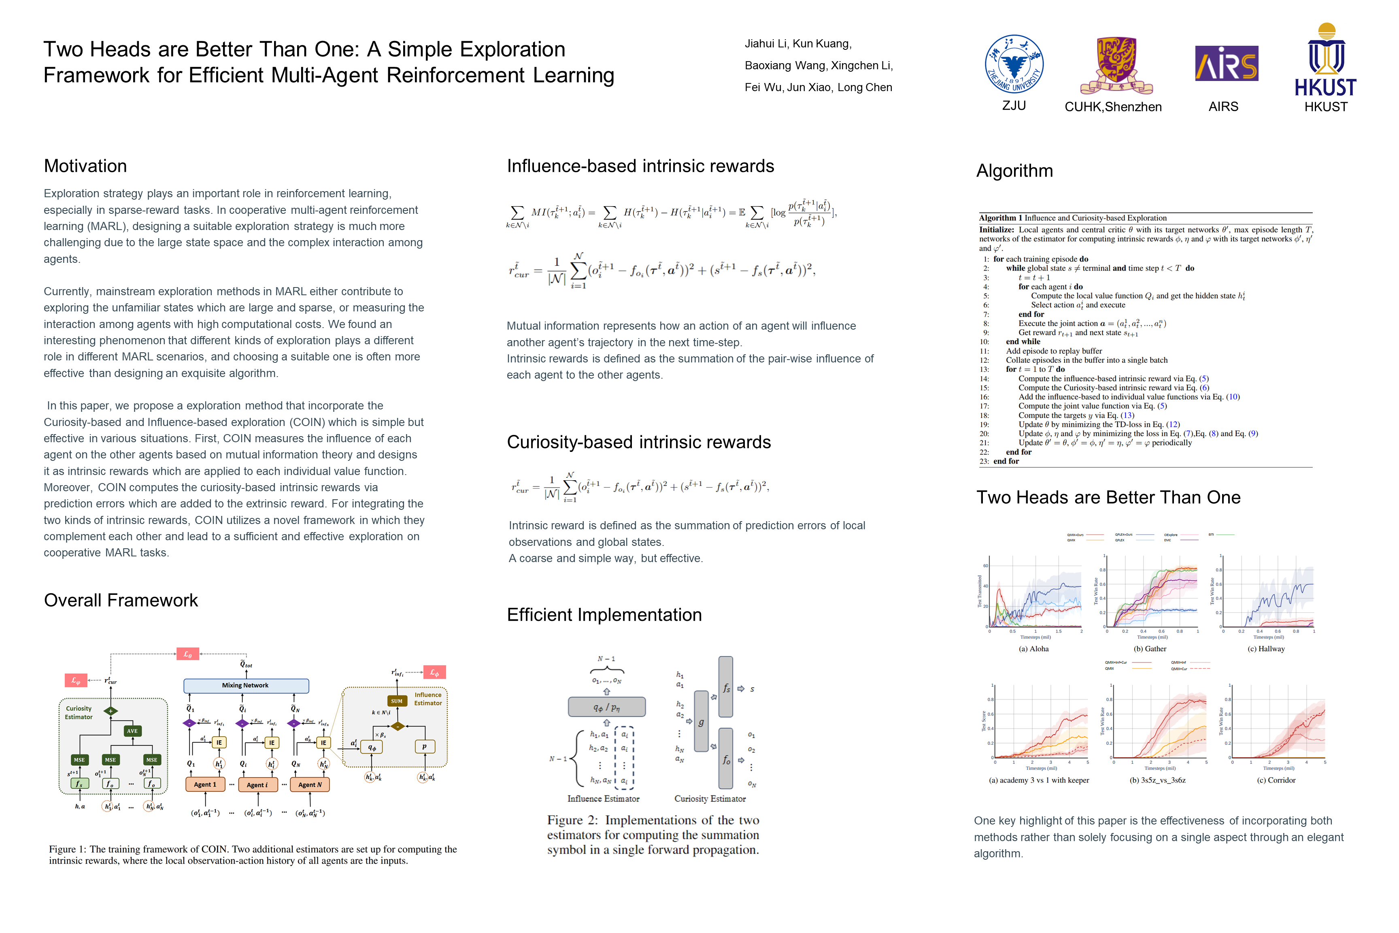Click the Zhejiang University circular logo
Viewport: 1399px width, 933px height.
[x=1014, y=64]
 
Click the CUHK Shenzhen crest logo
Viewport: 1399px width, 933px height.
[x=1116, y=66]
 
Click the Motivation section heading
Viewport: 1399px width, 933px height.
[x=85, y=166]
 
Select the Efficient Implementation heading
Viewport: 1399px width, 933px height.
[x=604, y=615]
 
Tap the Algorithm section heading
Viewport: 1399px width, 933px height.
[x=1014, y=171]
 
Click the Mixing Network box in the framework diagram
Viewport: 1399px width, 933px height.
[x=246, y=686]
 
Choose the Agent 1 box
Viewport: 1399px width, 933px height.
[x=205, y=784]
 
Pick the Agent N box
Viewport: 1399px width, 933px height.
[x=310, y=784]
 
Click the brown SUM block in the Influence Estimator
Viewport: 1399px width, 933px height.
[x=397, y=701]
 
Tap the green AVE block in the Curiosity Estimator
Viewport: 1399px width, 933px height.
[x=132, y=731]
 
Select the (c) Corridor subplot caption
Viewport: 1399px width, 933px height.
[x=1276, y=780]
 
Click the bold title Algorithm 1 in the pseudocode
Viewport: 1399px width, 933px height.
[x=1000, y=218]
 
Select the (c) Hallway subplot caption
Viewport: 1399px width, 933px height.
[x=1266, y=649]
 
